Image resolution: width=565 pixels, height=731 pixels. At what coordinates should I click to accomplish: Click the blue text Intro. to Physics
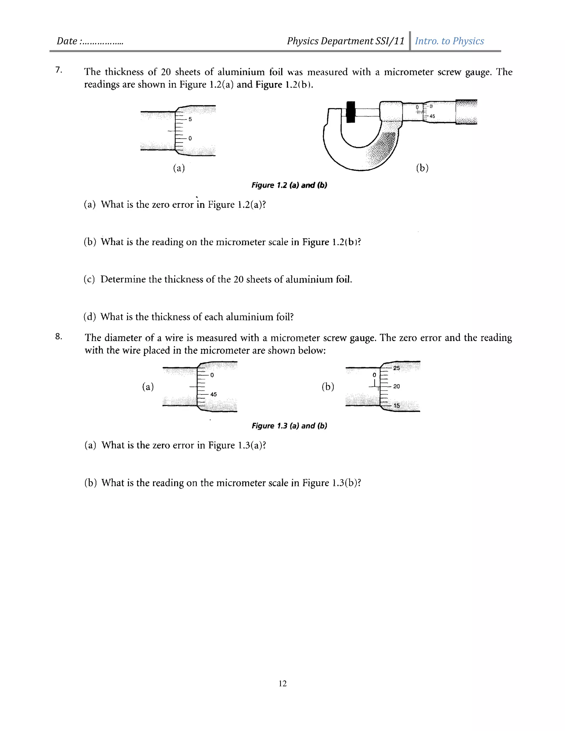click(449, 41)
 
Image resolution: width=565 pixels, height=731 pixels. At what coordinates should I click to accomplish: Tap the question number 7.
click(58, 70)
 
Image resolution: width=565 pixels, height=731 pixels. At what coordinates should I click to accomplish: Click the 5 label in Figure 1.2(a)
click(190, 119)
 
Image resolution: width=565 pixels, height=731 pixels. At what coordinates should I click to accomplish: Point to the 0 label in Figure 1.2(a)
click(190, 138)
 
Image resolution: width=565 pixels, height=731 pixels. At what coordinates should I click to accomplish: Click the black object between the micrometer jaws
click(350, 112)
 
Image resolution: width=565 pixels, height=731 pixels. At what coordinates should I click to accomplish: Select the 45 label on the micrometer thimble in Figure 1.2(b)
click(432, 116)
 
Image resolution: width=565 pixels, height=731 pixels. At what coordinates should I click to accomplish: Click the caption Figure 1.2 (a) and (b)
click(289, 185)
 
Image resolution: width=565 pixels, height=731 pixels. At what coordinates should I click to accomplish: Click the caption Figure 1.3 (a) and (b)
click(289, 426)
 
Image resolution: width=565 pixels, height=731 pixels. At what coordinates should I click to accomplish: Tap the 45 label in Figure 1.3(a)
click(214, 394)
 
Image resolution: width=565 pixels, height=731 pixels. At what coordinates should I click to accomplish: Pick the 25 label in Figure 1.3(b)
click(396, 368)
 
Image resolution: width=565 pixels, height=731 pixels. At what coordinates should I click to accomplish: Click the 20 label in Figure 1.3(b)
click(396, 386)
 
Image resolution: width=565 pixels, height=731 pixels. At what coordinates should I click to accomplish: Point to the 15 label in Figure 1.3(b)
click(396, 405)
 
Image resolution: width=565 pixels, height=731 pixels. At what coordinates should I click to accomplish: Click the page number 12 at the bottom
click(282, 684)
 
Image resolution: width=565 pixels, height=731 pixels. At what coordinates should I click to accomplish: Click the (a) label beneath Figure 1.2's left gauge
click(179, 168)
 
